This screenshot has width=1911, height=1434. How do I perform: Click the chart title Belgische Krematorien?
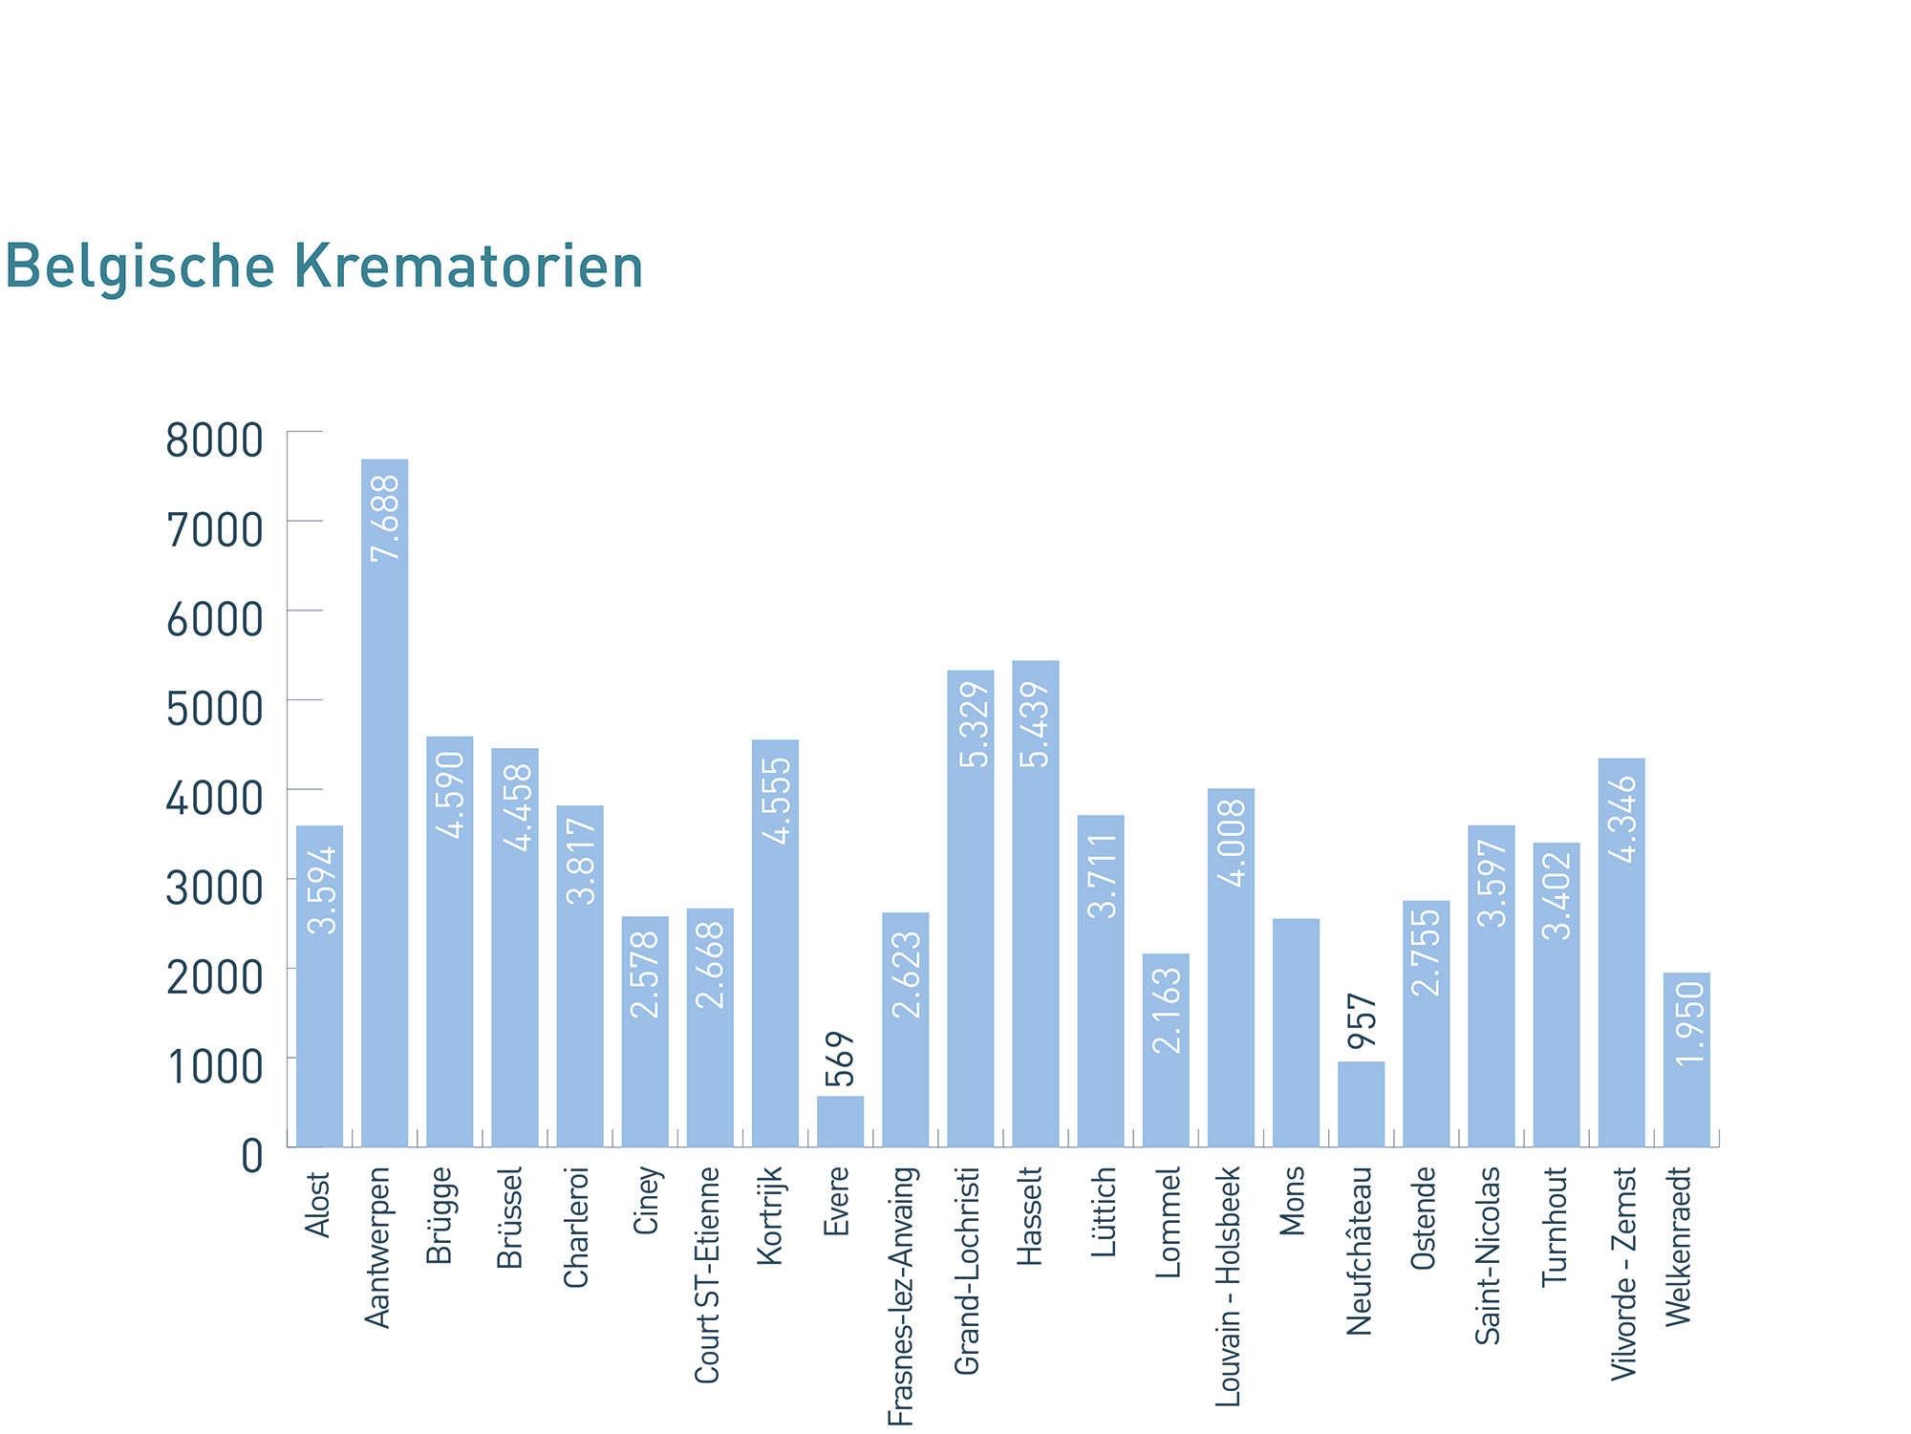click(324, 267)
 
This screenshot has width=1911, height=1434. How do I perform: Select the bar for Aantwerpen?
click(384, 803)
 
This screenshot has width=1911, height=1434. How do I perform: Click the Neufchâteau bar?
click(1361, 1103)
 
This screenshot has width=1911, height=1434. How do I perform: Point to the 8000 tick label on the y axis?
click(214, 441)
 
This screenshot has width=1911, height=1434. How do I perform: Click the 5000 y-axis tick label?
click(214, 710)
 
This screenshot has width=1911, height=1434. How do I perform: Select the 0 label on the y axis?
click(251, 1157)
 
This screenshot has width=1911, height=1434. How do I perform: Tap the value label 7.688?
click(385, 518)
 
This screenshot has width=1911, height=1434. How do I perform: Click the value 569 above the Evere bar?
click(840, 1059)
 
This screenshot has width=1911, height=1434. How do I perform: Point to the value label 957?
click(1362, 1020)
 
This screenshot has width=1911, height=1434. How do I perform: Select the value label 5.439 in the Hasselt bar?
click(1035, 724)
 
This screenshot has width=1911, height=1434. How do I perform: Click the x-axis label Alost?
click(317, 1205)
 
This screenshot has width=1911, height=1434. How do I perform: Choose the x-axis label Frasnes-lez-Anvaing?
click(902, 1295)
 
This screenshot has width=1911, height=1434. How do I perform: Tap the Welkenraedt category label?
click(1679, 1246)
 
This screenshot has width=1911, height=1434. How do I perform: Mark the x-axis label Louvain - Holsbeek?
click(1229, 1286)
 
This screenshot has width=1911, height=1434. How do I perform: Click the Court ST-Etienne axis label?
click(707, 1274)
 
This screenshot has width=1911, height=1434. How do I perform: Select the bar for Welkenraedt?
click(1686, 1059)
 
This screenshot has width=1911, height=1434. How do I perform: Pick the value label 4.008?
click(1232, 843)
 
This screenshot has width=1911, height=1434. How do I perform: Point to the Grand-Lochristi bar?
click(970, 908)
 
